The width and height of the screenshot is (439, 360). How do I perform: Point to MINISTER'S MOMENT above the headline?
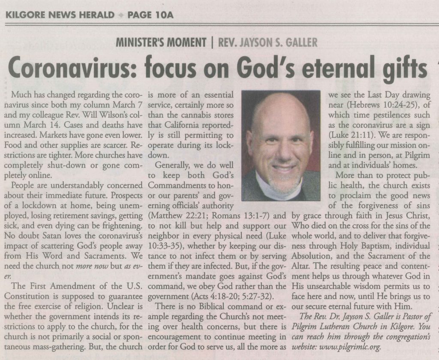point(161,43)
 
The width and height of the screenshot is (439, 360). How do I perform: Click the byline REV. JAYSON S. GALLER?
point(268,43)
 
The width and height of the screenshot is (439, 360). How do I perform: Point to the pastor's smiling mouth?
point(283,168)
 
